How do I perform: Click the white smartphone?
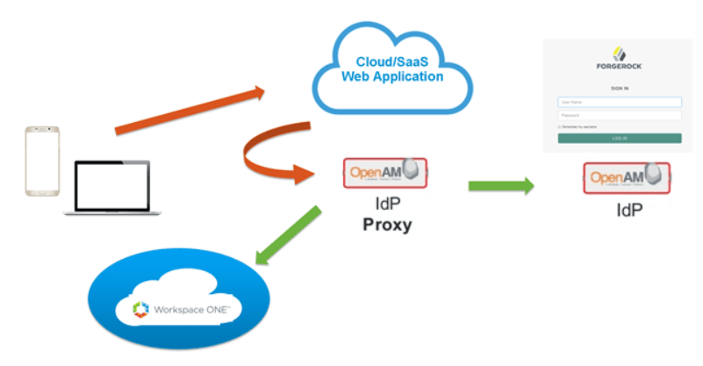click(40, 161)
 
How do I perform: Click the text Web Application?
click(392, 77)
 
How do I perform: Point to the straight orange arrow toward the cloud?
click(190, 111)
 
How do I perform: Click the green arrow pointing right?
click(501, 185)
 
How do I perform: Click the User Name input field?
click(620, 101)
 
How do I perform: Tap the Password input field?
click(620, 114)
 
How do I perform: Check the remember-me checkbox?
click(560, 127)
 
